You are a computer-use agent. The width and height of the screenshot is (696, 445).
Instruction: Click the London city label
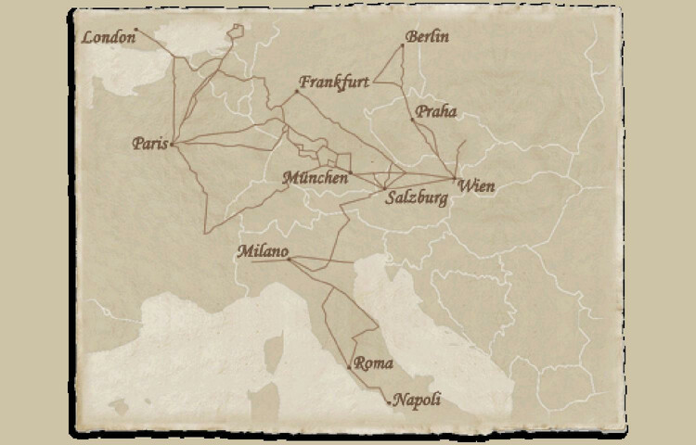click(x=107, y=38)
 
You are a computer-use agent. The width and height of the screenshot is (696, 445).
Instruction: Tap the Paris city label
click(x=148, y=144)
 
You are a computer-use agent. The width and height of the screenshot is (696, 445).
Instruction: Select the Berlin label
click(x=428, y=38)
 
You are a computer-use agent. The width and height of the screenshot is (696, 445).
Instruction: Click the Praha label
click(x=436, y=111)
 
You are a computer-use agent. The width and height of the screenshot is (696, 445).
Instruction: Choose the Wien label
click(x=477, y=186)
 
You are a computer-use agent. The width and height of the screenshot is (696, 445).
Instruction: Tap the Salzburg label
click(x=416, y=198)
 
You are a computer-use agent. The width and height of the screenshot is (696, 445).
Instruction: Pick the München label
click(x=317, y=177)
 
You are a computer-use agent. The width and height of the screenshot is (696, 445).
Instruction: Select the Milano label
click(x=263, y=251)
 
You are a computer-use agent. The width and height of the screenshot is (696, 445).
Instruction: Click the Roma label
click(x=374, y=363)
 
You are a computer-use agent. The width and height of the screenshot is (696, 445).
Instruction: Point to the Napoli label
click(x=414, y=400)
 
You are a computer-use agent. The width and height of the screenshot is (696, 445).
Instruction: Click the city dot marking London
click(x=136, y=30)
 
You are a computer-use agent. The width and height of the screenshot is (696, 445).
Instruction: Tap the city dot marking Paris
click(x=173, y=144)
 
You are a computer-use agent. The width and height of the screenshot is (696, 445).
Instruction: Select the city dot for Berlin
click(x=405, y=44)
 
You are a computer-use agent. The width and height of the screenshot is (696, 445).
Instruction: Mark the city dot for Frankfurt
click(x=297, y=91)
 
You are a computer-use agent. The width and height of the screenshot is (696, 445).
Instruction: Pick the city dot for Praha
click(x=412, y=119)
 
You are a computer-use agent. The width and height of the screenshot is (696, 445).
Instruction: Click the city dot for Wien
click(x=454, y=178)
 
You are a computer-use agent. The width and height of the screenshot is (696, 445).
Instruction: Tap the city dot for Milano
click(x=290, y=260)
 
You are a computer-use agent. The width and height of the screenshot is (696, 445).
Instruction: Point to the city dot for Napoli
click(x=389, y=401)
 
